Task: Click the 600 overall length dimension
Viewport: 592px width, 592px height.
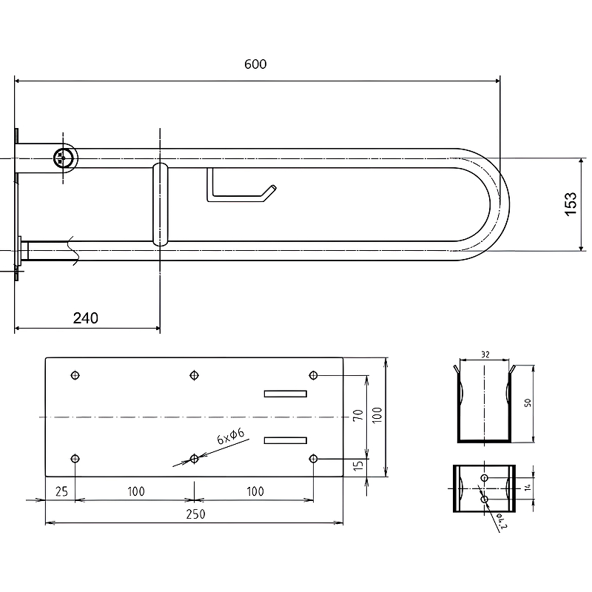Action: [x=255, y=64]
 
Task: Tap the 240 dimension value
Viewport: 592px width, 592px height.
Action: [x=86, y=318]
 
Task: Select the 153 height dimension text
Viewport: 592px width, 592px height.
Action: [x=571, y=204]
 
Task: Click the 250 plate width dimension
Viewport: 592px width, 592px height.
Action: [x=195, y=514]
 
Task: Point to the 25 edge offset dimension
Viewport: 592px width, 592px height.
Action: [x=61, y=491]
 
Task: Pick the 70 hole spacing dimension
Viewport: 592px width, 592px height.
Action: [x=357, y=415]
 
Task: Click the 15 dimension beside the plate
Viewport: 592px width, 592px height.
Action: [x=358, y=465]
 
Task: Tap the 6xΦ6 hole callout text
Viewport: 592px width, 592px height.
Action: [x=231, y=436]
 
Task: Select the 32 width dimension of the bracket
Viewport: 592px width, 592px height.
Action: [x=485, y=354]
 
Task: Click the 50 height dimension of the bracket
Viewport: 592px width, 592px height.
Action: [x=528, y=403]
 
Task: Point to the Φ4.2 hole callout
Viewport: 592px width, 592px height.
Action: [x=501, y=521]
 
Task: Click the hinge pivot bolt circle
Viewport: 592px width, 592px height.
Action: [x=62, y=158]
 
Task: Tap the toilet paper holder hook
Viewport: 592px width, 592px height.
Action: [x=241, y=185]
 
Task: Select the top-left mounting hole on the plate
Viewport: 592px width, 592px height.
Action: [x=75, y=375]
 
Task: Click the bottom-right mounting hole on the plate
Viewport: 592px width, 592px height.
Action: [x=313, y=459]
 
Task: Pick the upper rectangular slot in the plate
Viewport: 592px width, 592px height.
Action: [x=286, y=394]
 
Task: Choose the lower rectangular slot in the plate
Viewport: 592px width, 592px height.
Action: [x=286, y=440]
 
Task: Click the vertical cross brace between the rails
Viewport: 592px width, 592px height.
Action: [x=161, y=204]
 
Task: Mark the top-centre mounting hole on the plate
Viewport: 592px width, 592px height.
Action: [x=194, y=375]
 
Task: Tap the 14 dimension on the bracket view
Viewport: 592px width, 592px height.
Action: [x=528, y=488]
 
